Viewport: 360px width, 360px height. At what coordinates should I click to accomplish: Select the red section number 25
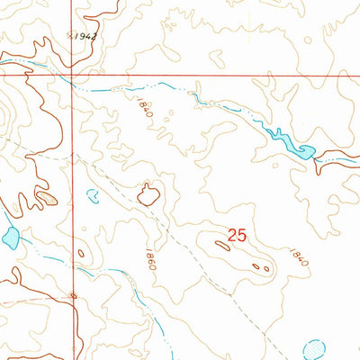[x=237, y=235]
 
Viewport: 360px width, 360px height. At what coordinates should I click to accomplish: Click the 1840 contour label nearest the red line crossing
[x=145, y=112]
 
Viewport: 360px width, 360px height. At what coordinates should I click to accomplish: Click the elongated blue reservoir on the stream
[x=288, y=142]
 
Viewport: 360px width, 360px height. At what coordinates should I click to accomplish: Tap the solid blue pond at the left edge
[x=11, y=238]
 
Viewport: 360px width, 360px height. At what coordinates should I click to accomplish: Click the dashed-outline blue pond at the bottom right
[x=316, y=348]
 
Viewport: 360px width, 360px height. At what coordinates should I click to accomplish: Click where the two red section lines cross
[x=71, y=76]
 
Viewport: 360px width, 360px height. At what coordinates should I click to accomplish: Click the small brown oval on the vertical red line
[x=73, y=296]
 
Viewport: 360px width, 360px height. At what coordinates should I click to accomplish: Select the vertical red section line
[x=71, y=180]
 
